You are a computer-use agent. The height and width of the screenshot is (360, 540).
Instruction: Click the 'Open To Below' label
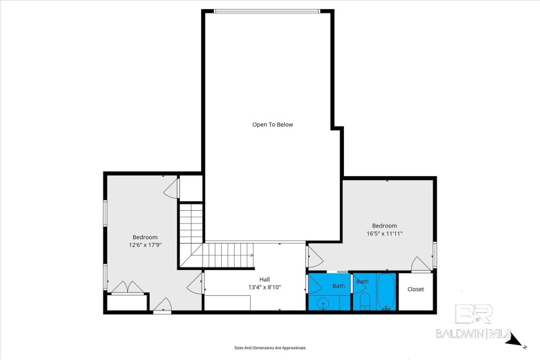(273, 125)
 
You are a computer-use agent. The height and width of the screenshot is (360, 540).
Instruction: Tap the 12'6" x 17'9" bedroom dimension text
(145, 245)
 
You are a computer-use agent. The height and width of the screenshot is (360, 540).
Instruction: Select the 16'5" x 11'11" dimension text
(384, 233)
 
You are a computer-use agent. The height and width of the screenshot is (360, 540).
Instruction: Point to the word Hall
(264, 280)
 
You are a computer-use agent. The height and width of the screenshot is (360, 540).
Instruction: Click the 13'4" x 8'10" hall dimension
(264, 287)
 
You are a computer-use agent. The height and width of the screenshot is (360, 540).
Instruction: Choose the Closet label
(415, 289)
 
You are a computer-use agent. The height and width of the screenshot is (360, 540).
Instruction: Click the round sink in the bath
(323, 303)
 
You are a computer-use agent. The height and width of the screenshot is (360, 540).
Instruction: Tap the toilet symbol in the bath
(364, 301)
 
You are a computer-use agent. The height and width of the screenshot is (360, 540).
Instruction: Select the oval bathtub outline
(386, 291)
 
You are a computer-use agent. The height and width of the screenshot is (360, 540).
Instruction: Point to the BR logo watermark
(474, 314)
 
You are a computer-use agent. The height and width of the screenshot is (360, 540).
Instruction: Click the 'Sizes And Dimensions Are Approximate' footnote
(269, 348)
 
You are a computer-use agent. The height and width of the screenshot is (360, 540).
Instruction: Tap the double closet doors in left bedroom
(127, 287)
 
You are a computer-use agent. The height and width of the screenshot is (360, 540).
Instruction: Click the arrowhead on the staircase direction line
(252, 255)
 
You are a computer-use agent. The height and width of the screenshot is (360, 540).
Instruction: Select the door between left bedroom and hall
(195, 283)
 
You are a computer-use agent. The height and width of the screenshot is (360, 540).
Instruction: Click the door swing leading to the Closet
(421, 264)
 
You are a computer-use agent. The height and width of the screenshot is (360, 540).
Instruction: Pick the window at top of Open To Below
(267, 12)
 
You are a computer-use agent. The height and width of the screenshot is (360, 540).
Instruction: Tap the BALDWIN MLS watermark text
(474, 334)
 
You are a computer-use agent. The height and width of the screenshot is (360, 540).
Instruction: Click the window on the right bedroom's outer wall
(435, 255)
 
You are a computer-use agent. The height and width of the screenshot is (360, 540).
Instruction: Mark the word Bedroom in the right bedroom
(384, 226)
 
